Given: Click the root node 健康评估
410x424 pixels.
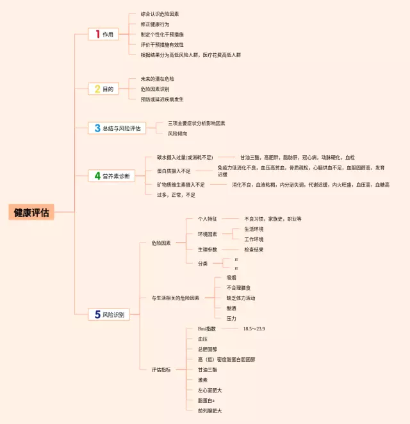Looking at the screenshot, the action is [x=31, y=212].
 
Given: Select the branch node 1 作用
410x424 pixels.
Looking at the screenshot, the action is [x=103, y=35].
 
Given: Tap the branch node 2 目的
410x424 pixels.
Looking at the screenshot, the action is [x=103, y=89].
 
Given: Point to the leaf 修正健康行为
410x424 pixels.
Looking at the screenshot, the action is [x=155, y=24].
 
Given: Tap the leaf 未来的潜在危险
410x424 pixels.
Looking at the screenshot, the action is [x=158, y=79].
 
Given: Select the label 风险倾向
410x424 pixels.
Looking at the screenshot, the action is [x=177, y=133].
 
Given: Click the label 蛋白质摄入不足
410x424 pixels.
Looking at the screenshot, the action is [x=174, y=171].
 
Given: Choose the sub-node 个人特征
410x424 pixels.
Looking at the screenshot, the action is [x=208, y=219].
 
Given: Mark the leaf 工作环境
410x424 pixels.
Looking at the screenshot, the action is [x=254, y=239].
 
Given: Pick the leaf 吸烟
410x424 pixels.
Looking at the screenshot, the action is [x=231, y=277].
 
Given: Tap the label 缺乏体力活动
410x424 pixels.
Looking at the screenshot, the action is [x=241, y=298].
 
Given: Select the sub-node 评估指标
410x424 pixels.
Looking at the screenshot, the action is [x=161, y=369].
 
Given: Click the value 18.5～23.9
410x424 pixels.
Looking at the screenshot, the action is [x=254, y=328].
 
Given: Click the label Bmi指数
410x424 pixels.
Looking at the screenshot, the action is [x=207, y=328].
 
